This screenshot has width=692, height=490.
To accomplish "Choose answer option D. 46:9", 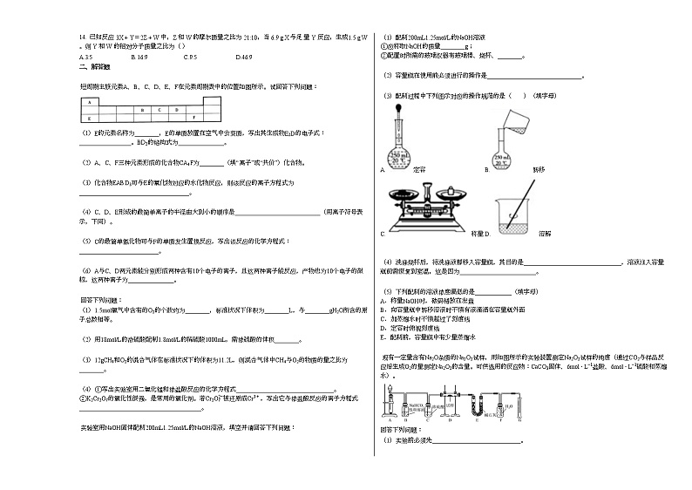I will tap(244, 57).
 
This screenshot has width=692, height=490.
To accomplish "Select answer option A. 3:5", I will tap(86, 57).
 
